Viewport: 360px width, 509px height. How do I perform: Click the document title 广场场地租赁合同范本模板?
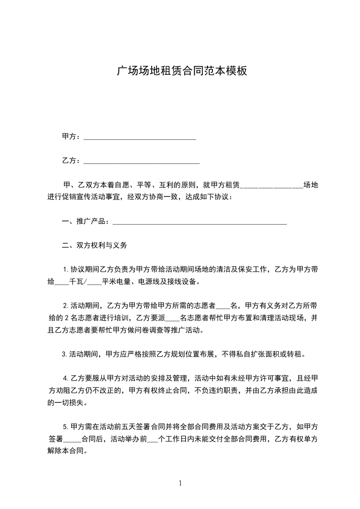click(x=182, y=71)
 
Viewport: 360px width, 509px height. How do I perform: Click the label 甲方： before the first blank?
click(x=72, y=137)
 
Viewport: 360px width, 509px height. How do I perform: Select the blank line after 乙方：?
click(x=142, y=161)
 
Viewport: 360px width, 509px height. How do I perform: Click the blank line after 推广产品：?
click(x=199, y=222)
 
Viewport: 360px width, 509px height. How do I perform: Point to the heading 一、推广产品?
click(x=85, y=221)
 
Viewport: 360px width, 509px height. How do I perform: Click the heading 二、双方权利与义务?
click(x=94, y=245)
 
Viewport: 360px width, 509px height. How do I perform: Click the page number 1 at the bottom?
click(x=180, y=483)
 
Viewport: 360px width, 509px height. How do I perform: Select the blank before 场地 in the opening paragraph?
click(x=271, y=186)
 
